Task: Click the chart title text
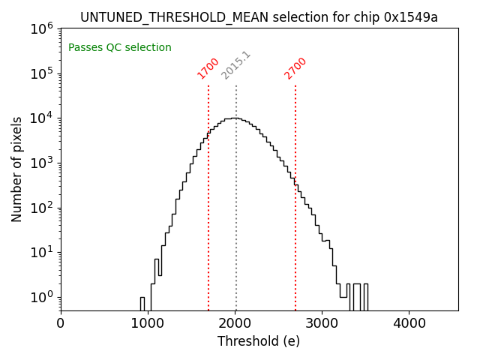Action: [x=259, y=17]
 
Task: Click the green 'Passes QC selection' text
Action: [x=120, y=48]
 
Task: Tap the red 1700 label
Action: [x=208, y=68]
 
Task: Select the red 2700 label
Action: [x=295, y=68]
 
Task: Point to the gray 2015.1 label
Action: [x=236, y=65]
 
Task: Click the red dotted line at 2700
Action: [x=295, y=225]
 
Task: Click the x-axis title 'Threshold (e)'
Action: [x=259, y=341]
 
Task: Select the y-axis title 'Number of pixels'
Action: [x=17, y=169]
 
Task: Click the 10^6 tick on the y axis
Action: [x=41, y=28]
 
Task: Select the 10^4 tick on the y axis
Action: [x=41, y=118]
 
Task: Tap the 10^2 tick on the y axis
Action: [x=41, y=208]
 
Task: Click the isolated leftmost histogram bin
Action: [x=142, y=304]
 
